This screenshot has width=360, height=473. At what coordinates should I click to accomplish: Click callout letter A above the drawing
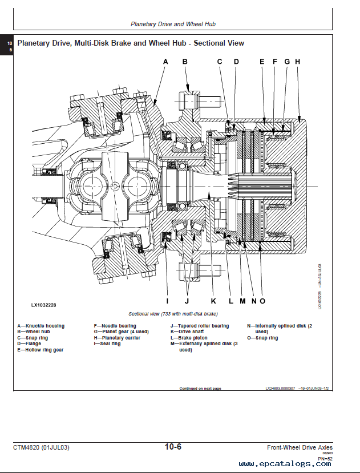click(165, 62)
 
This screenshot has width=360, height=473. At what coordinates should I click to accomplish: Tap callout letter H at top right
click(297, 62)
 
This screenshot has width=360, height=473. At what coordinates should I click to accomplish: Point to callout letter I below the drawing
click(167, 301)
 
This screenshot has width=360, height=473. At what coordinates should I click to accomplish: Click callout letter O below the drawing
click(262, 301)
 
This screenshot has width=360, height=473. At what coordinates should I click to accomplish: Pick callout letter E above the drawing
click(262, 62)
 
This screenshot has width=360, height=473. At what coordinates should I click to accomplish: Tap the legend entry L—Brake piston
click(189, 338)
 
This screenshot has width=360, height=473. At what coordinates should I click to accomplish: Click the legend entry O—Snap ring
click(262, 338)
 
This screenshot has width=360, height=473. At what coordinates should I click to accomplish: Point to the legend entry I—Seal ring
click(107, 343)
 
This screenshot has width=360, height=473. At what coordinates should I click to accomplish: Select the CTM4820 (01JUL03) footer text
click(41, 447)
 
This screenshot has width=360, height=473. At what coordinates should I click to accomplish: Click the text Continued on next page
click(200, 388)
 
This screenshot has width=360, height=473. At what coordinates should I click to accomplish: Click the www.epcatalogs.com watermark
click(286, 464)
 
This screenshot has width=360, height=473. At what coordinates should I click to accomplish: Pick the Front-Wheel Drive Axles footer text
click(300, 447)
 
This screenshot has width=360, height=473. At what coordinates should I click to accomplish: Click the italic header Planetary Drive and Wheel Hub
click(173, 25)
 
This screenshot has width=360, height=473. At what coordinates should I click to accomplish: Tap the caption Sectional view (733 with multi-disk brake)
click(173, 314)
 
